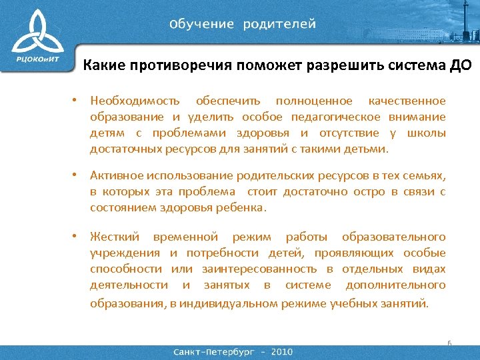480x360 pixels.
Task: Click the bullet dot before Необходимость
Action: tap(77, 100)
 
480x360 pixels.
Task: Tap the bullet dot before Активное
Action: tap(77, 175)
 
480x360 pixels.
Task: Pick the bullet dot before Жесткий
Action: tap(77, 236)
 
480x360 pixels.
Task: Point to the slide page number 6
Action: tap(449, 343)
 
